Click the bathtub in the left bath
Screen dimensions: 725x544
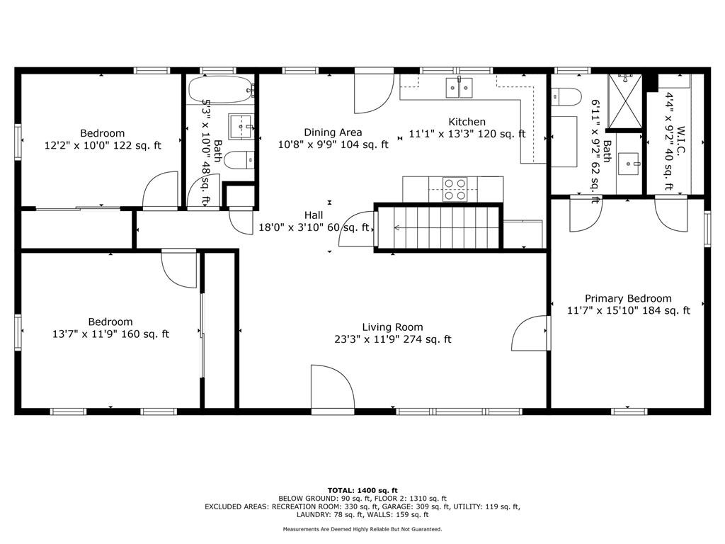point(221,90)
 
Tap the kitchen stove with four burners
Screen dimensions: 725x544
point(455,189)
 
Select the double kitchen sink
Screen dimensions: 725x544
point(459,88)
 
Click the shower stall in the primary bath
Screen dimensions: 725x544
point(624,101)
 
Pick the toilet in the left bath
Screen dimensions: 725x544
point(241,160)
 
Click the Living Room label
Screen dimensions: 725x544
point(392,327)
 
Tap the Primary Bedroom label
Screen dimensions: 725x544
point(628,298)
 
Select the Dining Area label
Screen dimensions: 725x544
point(333,132)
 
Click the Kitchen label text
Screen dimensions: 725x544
point(467,122)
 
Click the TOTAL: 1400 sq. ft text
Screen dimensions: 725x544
point(362,490)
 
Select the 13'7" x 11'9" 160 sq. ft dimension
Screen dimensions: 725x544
point(110,334)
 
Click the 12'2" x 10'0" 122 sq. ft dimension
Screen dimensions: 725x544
point(103,145)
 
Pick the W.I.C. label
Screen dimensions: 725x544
point(680,140)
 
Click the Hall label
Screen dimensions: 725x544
point(314,215)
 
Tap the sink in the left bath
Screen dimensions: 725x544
point(241,126)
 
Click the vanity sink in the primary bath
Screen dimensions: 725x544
point(629,164)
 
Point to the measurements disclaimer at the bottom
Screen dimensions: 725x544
point(362,529)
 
